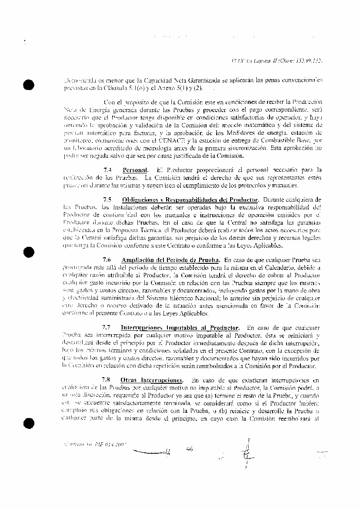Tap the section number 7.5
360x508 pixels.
coord(107,199)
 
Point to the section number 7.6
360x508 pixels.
coord(107,259)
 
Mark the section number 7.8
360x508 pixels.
coord(106,379)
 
